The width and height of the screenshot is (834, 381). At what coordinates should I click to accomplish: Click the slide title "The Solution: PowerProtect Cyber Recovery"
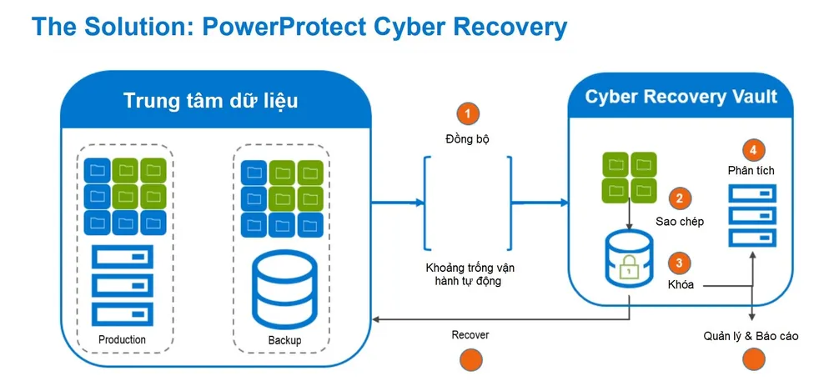coord(299,27)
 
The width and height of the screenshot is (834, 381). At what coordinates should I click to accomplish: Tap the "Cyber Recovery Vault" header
coord(681,96)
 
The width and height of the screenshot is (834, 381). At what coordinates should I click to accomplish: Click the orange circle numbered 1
coord(468,113)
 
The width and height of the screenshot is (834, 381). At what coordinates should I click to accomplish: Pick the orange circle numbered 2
coord(680,198)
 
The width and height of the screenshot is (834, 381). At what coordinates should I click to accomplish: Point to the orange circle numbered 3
coord(680,263)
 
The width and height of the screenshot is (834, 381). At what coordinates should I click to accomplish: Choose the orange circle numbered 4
coord(752,150)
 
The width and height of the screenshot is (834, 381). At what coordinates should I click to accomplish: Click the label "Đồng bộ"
coord(467,138)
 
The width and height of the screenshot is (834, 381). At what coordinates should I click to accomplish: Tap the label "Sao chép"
coord(680,222)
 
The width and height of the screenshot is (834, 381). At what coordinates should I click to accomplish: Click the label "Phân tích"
coord(751,171)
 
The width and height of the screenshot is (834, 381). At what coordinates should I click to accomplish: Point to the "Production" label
coord(122,339)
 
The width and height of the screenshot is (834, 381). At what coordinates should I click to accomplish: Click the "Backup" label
coord(284,340)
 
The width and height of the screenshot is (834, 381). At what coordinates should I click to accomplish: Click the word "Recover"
coord(470,334)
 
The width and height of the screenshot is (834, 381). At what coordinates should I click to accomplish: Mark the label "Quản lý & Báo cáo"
coord(751,335)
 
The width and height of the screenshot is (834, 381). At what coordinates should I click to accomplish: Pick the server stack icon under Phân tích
coord(752,215)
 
